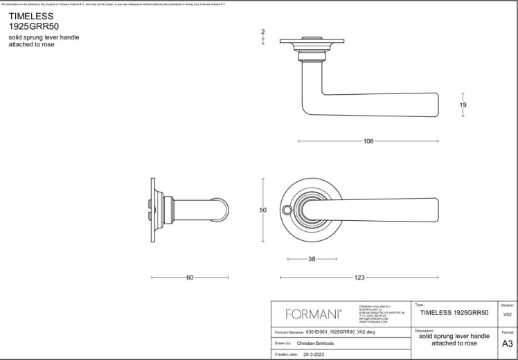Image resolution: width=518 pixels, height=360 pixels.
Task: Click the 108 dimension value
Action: point(368,141)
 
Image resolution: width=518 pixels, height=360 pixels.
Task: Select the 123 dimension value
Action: point(359,278)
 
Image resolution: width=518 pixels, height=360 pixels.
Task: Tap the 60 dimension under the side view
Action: point(190,278)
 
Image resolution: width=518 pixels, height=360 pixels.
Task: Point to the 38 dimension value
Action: point(312,260)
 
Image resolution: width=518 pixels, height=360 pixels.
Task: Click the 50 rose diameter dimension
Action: point(263,210)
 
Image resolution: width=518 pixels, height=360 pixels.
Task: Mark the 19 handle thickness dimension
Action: point(463,105)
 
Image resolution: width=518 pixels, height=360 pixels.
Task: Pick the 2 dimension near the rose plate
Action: point(263,32)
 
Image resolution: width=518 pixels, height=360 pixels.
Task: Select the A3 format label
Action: point(507,343)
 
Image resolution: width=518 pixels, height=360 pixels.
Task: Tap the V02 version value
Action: point(507,314)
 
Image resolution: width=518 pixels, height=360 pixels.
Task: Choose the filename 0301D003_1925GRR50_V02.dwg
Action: point(344,332)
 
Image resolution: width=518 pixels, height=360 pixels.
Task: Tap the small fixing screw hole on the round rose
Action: point(287,209)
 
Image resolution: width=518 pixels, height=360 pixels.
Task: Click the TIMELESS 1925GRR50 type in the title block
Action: point(454,313)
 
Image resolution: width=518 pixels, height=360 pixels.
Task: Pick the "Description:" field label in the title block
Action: point(425,330)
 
